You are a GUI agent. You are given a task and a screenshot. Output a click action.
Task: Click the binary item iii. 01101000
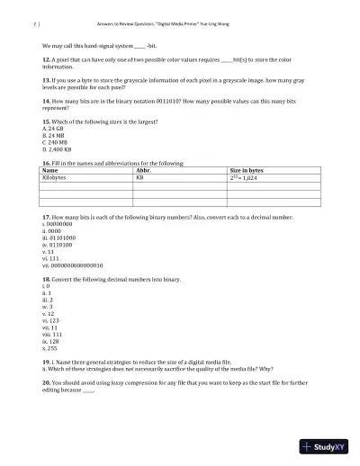click(x=60, y=237)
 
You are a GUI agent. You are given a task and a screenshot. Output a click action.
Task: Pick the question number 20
click(x=47, y=381)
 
